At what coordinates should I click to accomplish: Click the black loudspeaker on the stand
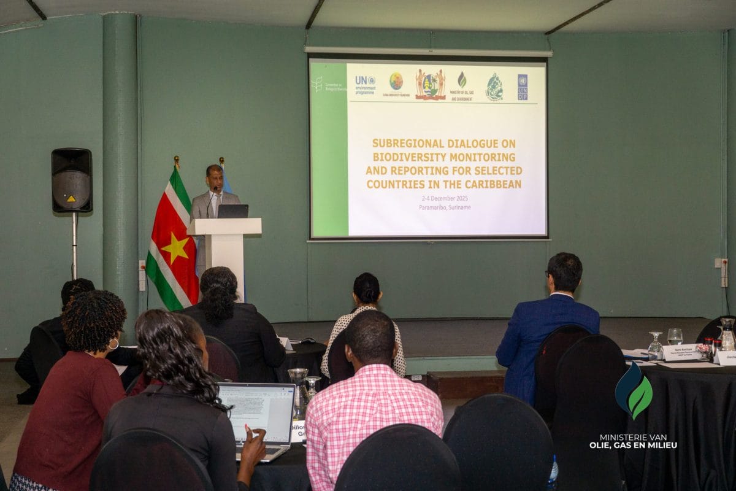(72, 180)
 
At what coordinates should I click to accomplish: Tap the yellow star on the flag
(175, 249)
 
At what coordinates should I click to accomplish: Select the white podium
(224, 245)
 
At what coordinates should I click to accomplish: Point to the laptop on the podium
(233, 211)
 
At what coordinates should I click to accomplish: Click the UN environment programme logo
(365, 84)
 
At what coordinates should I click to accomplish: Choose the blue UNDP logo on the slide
(522, 87)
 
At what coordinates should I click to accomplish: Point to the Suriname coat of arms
(431, 85)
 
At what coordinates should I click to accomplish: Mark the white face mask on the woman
(114, 344)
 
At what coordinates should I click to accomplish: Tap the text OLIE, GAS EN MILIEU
(633, 445)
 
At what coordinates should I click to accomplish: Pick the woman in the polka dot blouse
(366, 325)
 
